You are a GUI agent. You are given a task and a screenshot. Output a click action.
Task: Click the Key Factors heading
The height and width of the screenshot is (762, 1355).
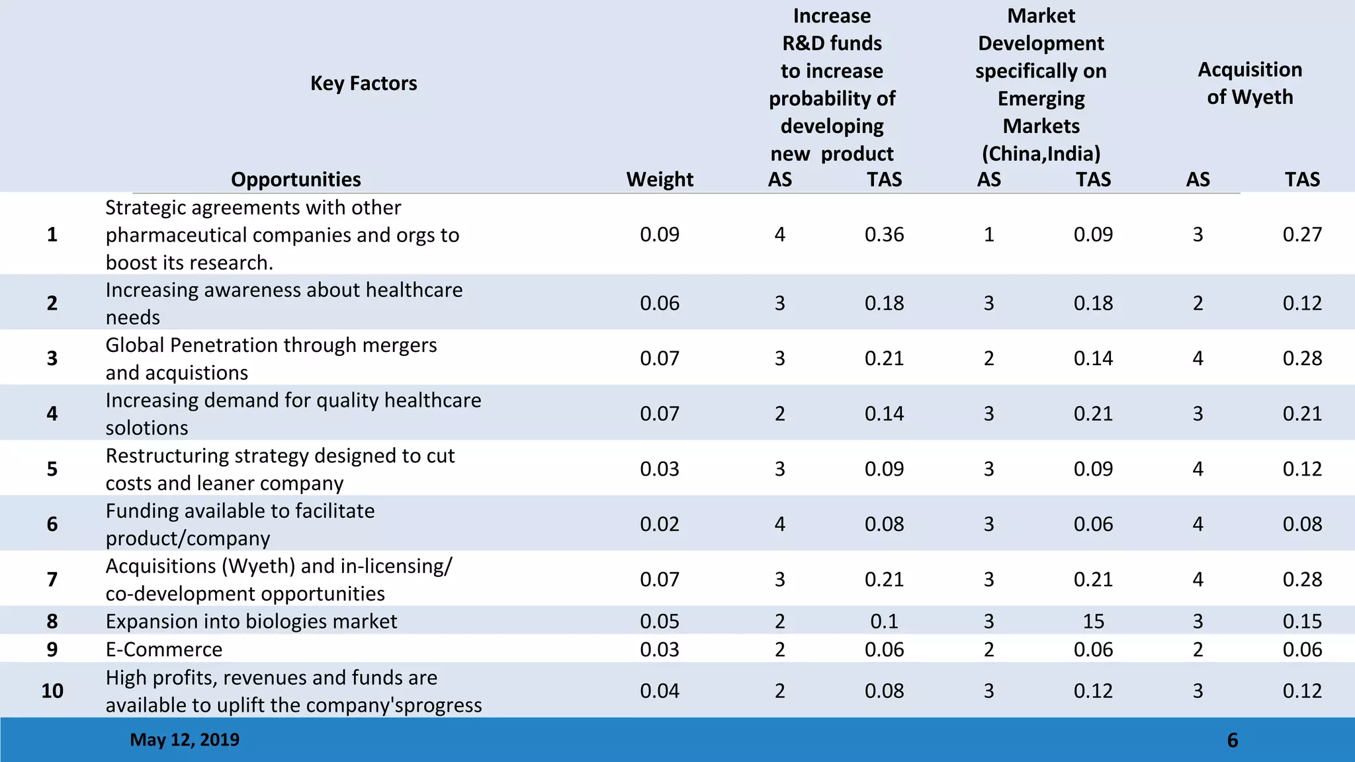tap(363, 83)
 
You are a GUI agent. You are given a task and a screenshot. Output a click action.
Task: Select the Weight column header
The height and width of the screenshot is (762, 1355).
tap(660, 179)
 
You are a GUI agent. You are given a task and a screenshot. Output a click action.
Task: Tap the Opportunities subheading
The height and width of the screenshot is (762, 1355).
tap(296, 179)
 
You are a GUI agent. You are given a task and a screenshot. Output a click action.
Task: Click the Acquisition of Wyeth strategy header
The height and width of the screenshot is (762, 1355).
tap(1249, 83)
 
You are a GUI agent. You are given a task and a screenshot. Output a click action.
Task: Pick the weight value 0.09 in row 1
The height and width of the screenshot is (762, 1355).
tap(660, 235)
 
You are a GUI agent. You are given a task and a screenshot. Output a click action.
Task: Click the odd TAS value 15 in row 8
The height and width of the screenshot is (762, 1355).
tap(1093, 621)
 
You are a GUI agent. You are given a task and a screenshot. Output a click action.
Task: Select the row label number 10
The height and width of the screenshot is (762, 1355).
tap(52, 691)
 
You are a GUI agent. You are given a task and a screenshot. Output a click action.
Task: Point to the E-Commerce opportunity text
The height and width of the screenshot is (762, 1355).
tap(164, 650)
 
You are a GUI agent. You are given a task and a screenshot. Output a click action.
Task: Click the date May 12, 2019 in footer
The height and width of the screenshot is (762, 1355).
tap(185, 740)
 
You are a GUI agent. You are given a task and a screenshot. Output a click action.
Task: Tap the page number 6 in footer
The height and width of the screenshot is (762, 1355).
tap(1232, 740)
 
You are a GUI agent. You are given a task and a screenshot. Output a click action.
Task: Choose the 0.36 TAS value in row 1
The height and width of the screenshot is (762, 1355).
tap(884, 235)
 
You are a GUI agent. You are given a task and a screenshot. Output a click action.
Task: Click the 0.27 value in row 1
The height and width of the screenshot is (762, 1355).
tap(1301, 235)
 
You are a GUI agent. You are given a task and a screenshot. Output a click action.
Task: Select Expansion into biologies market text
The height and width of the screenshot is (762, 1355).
tap(251, 621)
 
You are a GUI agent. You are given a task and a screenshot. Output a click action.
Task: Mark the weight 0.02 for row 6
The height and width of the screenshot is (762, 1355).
tap(660, 524)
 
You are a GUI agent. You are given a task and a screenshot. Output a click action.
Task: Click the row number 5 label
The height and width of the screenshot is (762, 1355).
tap(52, 469)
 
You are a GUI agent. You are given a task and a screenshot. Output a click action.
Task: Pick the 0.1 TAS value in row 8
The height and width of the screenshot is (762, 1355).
tap(884, 621)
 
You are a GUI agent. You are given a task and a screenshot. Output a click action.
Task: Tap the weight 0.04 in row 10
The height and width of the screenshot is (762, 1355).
tap(660, 691)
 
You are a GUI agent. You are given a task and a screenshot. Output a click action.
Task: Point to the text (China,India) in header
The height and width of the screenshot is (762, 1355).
tap(1041, 153)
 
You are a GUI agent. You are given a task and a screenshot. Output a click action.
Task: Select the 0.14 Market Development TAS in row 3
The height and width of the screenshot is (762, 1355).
tap(1093, 359)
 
